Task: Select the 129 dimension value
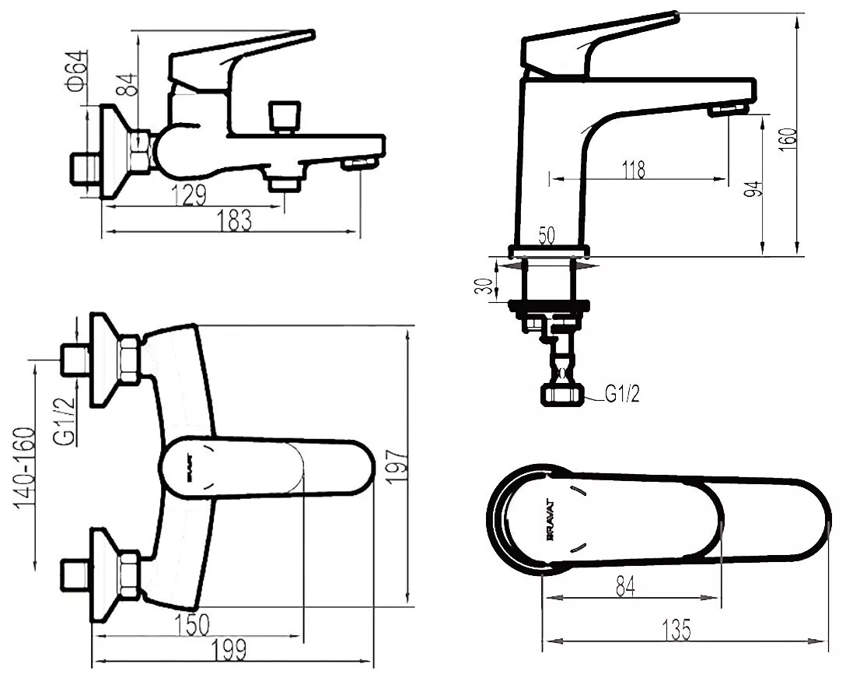190,195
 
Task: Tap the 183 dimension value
234,221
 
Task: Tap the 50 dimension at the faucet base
546,236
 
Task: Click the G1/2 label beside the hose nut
622,394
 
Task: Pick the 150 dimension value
192,625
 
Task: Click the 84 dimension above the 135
625,586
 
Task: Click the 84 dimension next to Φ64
130,84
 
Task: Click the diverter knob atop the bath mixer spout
284,117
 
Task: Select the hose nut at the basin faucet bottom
561,395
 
